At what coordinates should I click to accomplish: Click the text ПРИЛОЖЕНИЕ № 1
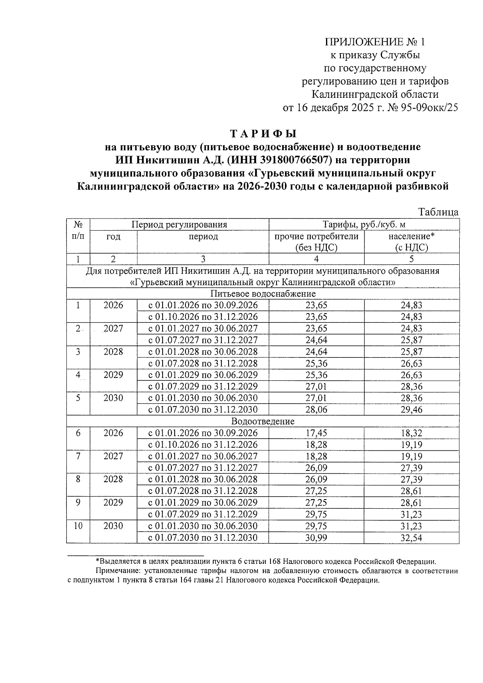(x=374, y=42)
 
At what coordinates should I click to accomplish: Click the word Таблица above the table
(x=438, y=212)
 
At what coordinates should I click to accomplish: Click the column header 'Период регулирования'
(x=179, y=224)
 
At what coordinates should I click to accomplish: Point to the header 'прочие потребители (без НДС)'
(x=316, y=241)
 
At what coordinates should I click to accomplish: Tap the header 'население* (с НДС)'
(x=411, y=241)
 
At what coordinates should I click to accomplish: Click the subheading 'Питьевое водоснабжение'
(x=263, y=293)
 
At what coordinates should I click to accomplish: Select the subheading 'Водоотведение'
(x=263, y=421)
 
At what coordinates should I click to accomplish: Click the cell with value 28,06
(x=316, y=410)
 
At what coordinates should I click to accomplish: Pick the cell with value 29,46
(x=411, y=410)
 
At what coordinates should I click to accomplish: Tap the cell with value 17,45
(x=316, y=433)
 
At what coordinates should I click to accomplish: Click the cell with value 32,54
(x=411, y=538)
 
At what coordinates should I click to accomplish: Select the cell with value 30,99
(x=316, y=538)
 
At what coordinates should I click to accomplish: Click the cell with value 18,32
(x=411, y=433)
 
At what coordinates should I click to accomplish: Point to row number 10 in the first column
(x=78, y=526)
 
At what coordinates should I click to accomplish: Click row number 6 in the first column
(x=78, y=433)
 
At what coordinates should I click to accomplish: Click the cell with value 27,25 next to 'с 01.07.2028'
(x=316, y=491)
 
